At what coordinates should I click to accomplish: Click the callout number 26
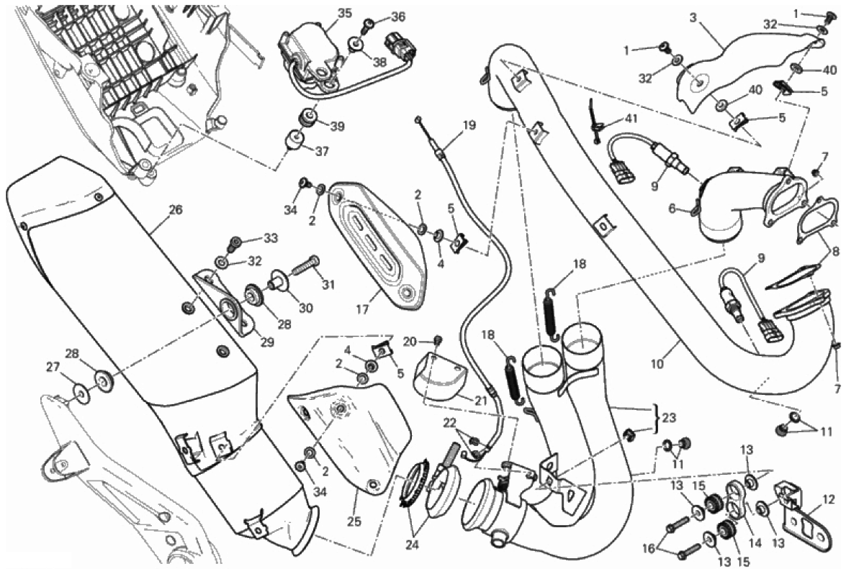[x=176, y=209]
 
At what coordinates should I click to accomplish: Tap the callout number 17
[x=362, y=309]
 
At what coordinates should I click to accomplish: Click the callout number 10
[x=657, y=364]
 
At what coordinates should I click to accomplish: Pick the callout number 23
[x=667, y=418]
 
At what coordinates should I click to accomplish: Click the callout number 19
[x=469, y=126]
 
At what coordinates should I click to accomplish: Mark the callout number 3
[x=694, y=18]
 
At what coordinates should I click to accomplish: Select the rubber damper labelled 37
[x=294, y=139]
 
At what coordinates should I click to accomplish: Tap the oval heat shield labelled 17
[x=376, y=249]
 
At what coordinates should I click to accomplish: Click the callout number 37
[x=322, y=152]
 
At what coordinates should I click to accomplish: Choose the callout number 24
[x=412, y=545]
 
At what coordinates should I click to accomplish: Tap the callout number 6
[x=672, y=209]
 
